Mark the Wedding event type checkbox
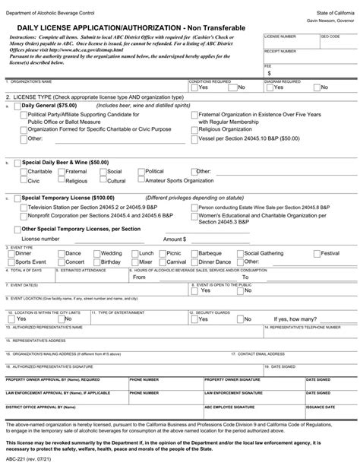[x=97, y=252]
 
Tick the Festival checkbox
[x=317, y=252]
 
